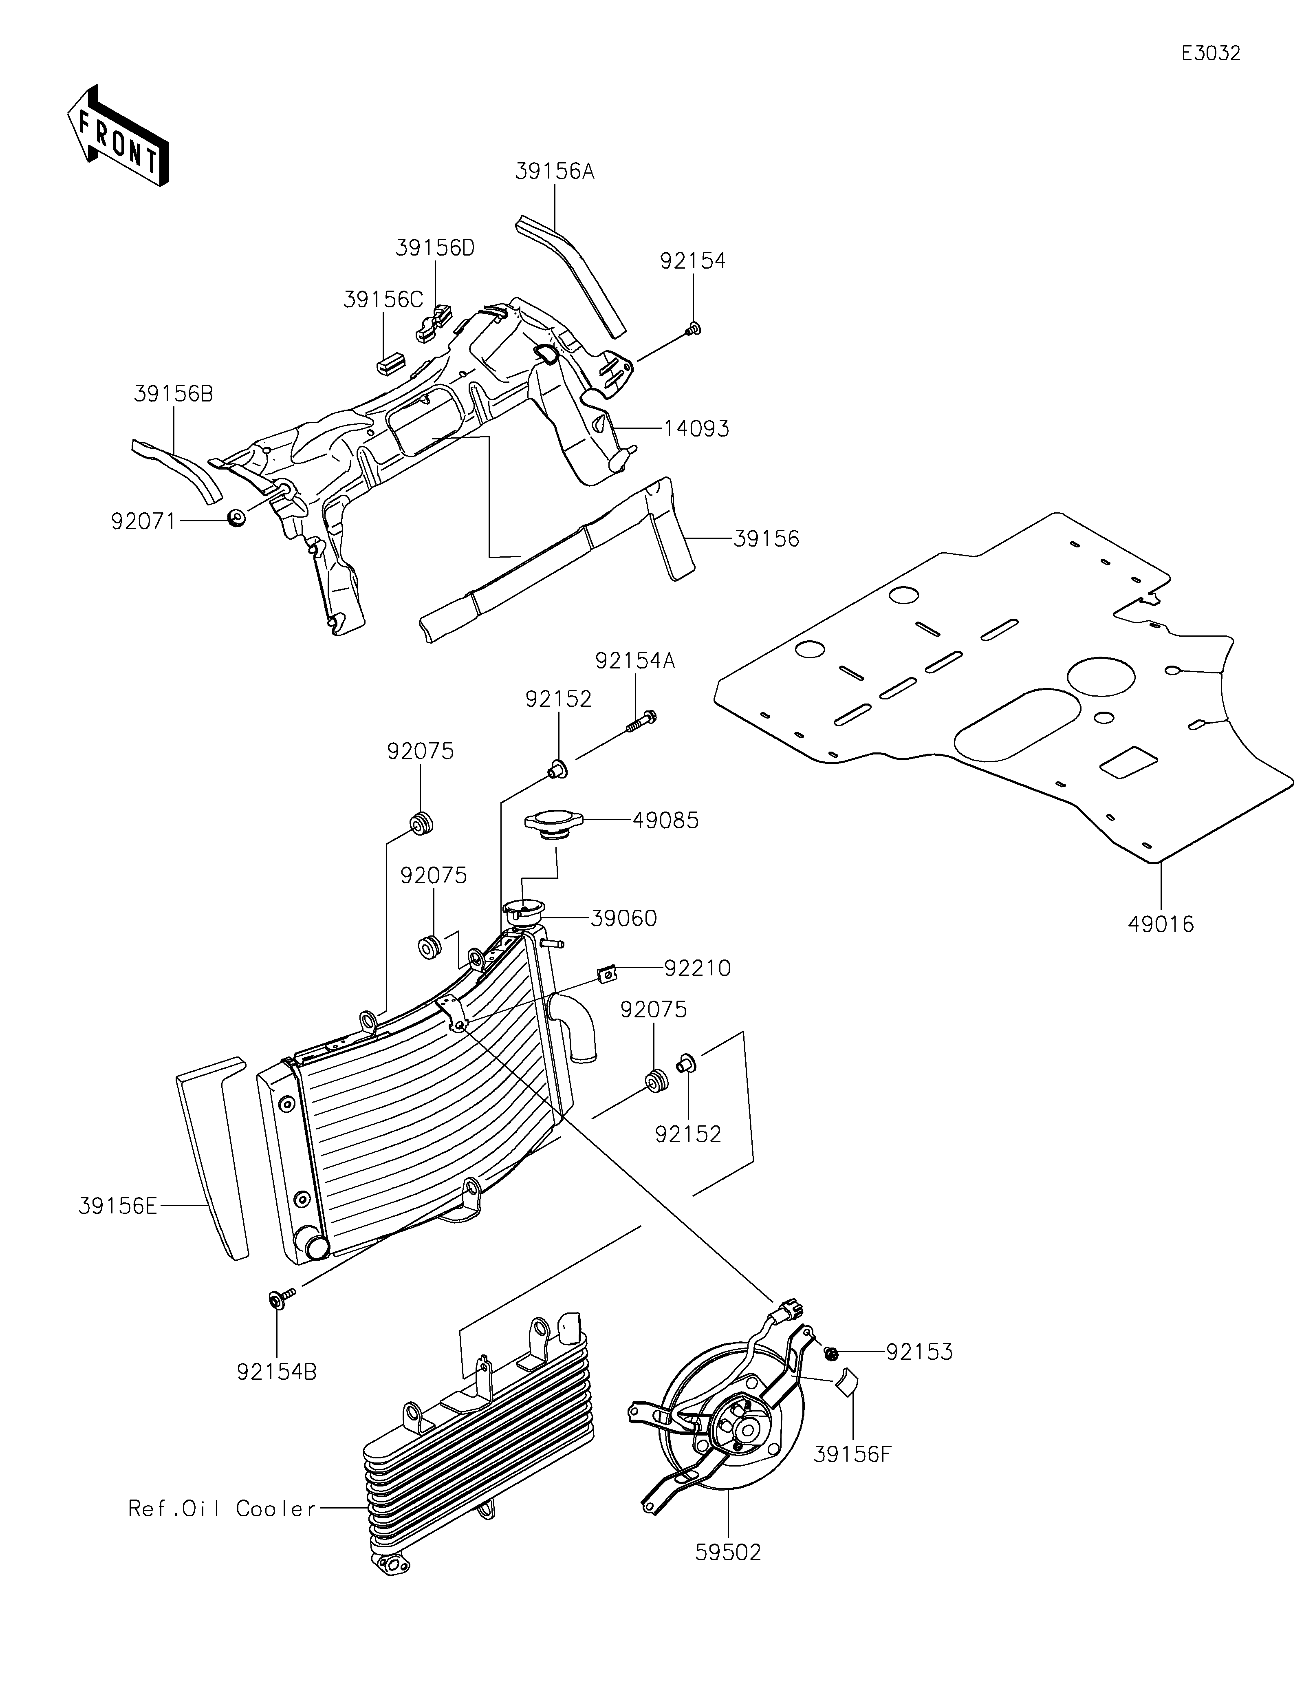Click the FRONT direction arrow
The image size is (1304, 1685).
click(118, 137)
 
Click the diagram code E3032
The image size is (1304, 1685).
click(1211, 53)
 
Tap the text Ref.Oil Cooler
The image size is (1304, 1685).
click(222, 1509)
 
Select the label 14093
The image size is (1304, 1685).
click(696, 428)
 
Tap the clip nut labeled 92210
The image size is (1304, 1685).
click(608, 975)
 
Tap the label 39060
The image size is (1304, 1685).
click(624, 918)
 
